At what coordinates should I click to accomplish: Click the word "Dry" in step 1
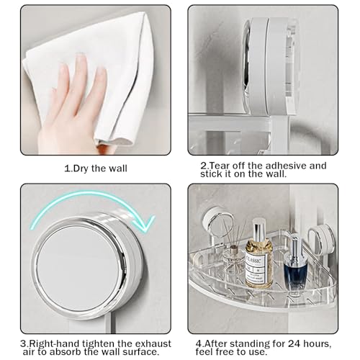click(81, 168)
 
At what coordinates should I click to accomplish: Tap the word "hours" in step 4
click(318, 344)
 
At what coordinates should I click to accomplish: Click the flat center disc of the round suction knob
click(78, 268)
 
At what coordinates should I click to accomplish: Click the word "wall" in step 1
click(117, 168)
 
